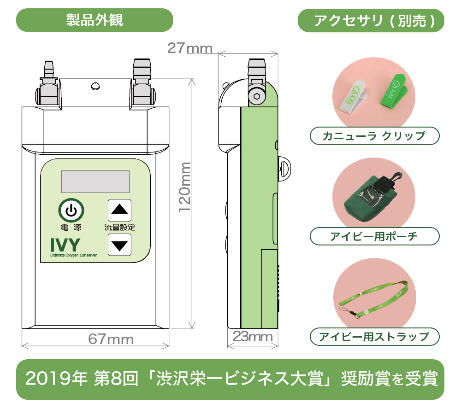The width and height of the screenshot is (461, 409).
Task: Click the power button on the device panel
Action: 71,210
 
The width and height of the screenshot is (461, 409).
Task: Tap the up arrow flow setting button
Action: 120,210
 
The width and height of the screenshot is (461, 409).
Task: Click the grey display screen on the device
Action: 95,181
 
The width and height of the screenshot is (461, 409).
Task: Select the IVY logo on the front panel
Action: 65,245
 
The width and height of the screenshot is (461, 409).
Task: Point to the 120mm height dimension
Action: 185,187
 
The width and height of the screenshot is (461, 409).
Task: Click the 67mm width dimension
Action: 111,339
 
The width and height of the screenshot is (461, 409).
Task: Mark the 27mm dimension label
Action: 190,48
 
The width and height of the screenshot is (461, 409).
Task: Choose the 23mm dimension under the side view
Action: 253,337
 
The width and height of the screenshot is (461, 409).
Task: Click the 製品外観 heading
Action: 95,20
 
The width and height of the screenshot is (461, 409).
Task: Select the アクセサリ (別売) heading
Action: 374,21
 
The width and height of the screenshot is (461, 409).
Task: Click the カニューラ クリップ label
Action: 374,136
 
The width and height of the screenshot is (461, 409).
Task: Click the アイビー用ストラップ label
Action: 374,337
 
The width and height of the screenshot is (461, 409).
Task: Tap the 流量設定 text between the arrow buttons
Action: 120,228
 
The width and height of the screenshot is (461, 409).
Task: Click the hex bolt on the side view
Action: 256,96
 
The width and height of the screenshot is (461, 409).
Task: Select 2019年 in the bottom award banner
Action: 56,379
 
